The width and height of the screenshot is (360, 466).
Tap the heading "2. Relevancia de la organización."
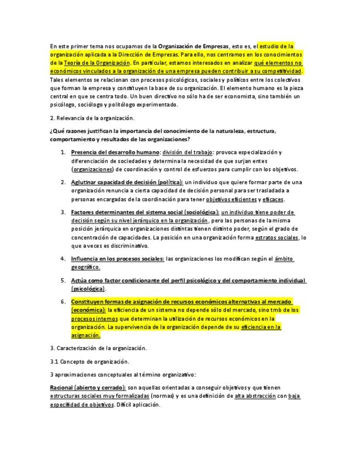pos(92,118)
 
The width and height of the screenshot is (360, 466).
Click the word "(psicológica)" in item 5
pos(88,289)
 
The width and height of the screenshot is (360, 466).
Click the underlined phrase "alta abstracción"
pos(255,396)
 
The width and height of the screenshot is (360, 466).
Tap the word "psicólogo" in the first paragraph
pos(63,104)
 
